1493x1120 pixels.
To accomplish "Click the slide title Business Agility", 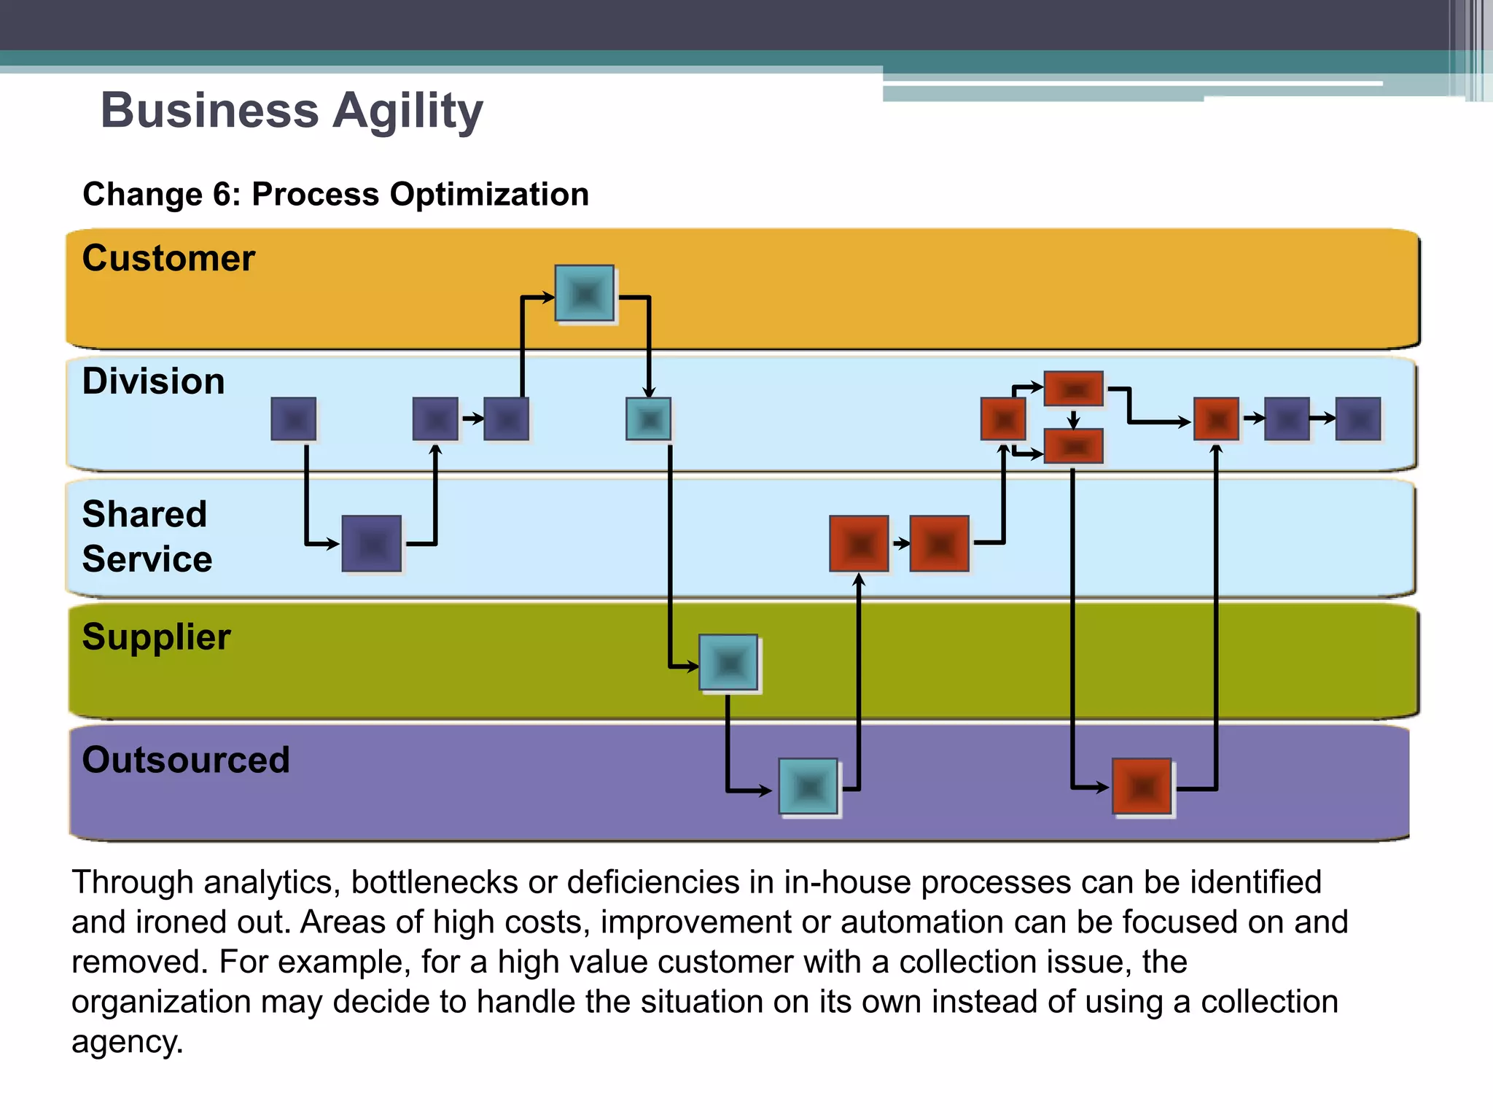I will click(x=292, y=111).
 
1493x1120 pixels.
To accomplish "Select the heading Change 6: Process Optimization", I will click(x=335, y=195).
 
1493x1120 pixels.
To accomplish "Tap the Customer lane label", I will click(x=168, y=258).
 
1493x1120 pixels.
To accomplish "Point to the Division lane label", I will click(x=153, y=381).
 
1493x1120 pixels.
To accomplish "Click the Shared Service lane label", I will click(x=147, y=537).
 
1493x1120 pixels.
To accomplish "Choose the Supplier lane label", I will click(x=156, y=637).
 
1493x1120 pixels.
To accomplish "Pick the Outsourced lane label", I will click(x=186, y=760).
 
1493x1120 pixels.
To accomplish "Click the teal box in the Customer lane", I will click(x=584, y=294).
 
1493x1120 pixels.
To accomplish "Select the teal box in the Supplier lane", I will click(x=728, y=663).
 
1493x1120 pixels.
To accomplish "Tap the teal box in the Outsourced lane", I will click(x=808, y=787).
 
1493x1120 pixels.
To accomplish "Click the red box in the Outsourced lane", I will click(x=1142, y=787).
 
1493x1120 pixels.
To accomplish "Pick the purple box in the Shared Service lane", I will click(x=372, y=544).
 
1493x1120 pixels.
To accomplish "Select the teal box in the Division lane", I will click(x=648, y=419).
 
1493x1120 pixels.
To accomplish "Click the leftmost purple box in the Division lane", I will click(x=294, y=419).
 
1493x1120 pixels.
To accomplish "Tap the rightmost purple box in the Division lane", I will click(x=1358, y=419).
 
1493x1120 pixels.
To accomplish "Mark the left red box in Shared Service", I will click(x=859, y=544).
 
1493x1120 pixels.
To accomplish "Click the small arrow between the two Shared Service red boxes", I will click(x=901, y=543).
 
